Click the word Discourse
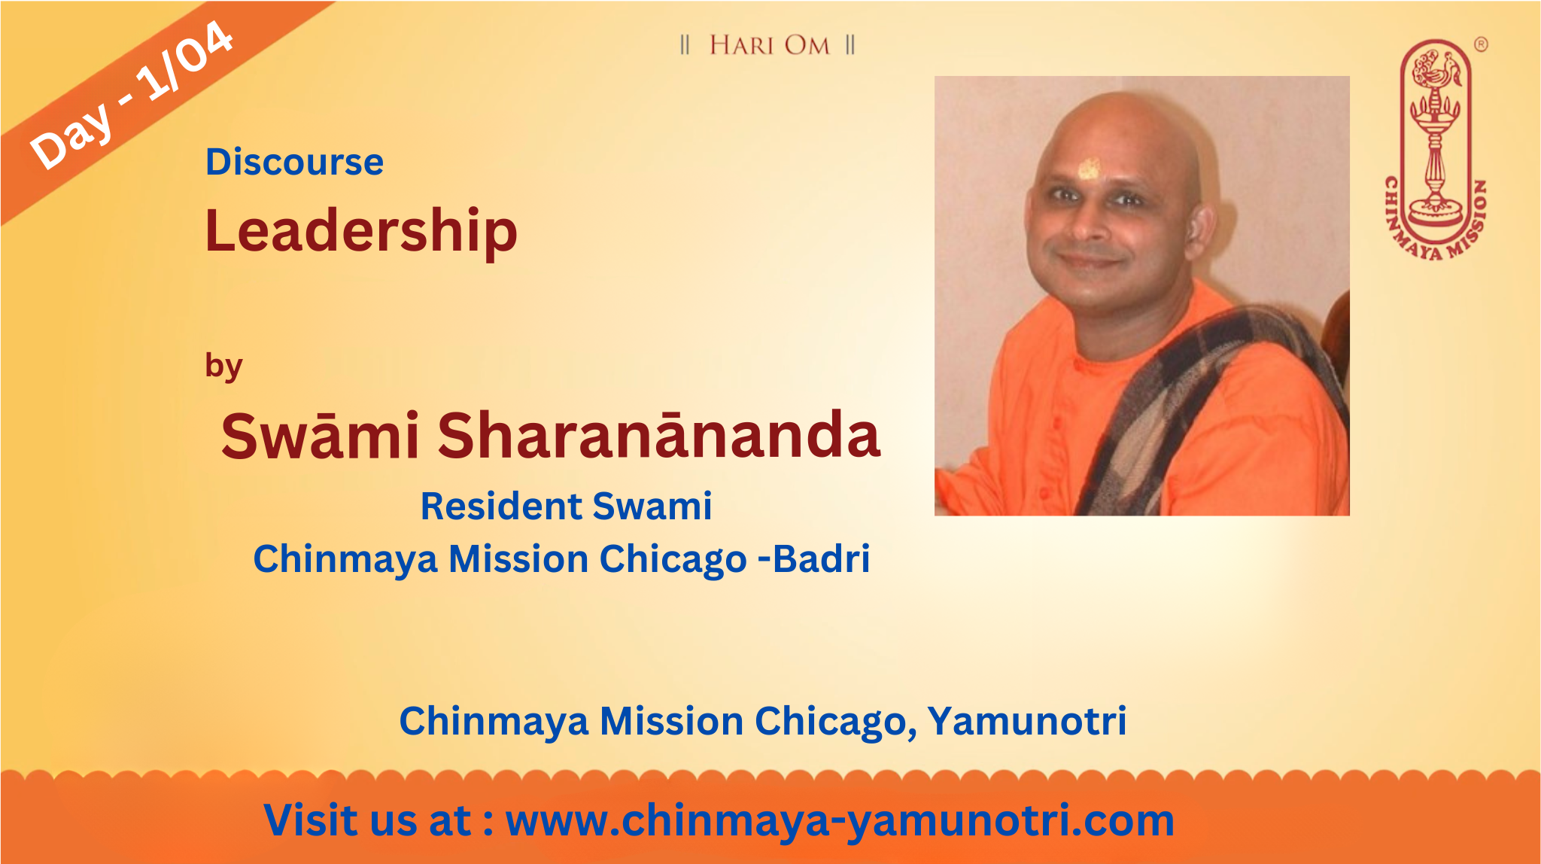pos(294,162)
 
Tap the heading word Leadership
pos(361,231)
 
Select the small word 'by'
pos(223,367)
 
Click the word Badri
pos(821,558)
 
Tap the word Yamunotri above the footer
pos(1026,721)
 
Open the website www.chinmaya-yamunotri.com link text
pos(840,820)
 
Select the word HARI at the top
pos(742,45)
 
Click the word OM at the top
pos(807,45)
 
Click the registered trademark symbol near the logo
pos(1480,44)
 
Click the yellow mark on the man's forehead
pos(1088,169)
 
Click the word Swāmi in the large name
pos(320,435)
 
